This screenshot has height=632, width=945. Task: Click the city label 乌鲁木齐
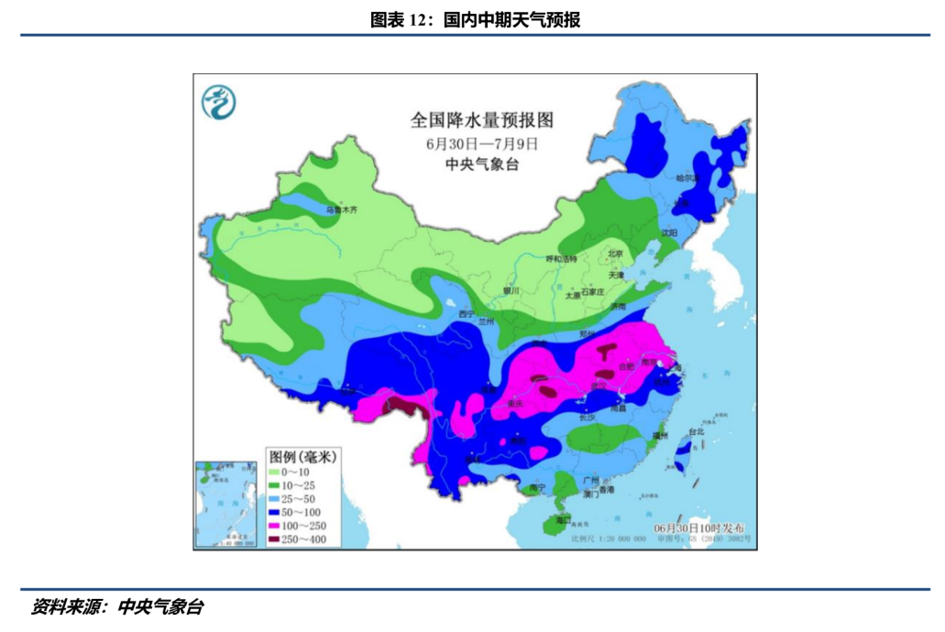pyautogui.click(x=342, y=210)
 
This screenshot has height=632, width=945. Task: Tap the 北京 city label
pyautogui.click(x=614, y=254)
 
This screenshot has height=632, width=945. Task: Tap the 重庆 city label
pyautogui.click(x=518, y=403)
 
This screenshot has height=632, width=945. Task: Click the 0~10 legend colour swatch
pyautogui.click(x=274, y=472)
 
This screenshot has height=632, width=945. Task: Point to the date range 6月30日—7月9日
pyautogui.click(x=481, y=143)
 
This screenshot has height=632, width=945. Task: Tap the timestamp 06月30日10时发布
pyautogui.click(x=699, y=529)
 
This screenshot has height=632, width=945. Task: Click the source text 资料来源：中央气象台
pyautogui.click(x=117, y=606)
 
